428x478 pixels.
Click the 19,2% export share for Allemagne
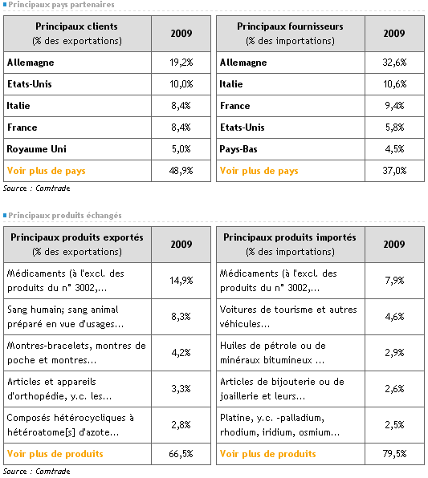181,63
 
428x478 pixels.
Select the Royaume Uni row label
37,149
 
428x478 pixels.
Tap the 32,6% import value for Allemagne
394,63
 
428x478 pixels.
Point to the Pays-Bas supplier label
238,149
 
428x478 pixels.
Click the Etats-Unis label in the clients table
29,84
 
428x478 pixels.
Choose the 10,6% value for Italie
394,84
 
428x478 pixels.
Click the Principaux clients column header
76,34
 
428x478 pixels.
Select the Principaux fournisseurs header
290,34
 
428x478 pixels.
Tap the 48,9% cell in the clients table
181,171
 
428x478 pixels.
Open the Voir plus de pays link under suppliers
259,171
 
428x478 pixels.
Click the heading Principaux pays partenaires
61,5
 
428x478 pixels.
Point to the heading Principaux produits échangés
65,216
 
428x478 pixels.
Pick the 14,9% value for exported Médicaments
181,281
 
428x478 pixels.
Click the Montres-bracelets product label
76,353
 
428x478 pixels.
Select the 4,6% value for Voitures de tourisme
394,317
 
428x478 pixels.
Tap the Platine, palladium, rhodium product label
279,425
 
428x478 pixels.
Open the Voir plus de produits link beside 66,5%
55,454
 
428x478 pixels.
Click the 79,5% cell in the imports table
394,454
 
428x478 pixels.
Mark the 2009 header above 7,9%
394,245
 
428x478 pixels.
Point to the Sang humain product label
65,317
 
